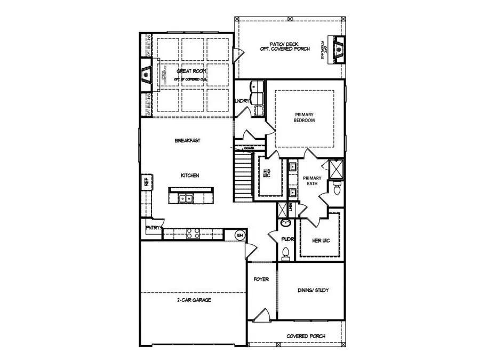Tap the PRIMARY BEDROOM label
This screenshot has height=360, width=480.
pos(305,117)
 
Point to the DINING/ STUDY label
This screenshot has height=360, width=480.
pos(313,291)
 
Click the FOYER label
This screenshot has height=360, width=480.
pos(261,279)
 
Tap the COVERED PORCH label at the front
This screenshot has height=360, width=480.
pos(306,336)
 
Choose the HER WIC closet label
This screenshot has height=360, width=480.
pos(319,241)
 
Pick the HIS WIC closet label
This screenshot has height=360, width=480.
pos(267,174)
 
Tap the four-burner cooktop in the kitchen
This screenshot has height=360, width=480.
pos(192,233)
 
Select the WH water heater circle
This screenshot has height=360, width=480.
pos(240,235)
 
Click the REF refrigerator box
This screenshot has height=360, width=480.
pos(146,182)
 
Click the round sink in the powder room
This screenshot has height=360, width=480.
pos(286,224)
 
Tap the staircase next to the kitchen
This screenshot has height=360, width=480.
pos(243,173)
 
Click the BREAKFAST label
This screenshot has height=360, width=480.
pos(187,141)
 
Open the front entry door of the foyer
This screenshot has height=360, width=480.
pos(260,314)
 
